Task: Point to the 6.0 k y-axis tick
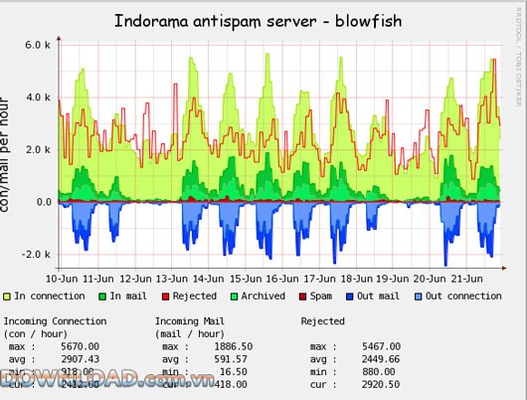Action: [x=38, y=45]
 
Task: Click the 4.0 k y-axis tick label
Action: [x=38, y=98]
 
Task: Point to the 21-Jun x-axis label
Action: [x=463, y=279]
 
